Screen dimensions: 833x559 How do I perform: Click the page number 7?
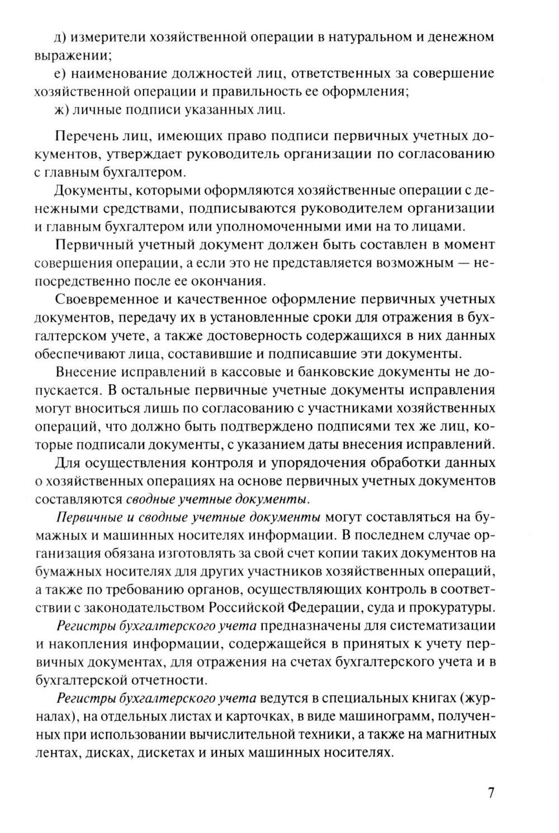[491, 793]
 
